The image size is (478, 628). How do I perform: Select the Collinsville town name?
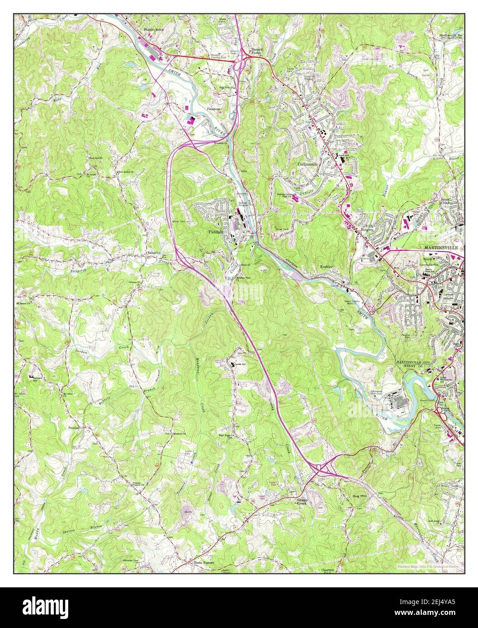click(x=308, y=164)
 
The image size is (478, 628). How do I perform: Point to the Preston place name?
click(x=74, y=426)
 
